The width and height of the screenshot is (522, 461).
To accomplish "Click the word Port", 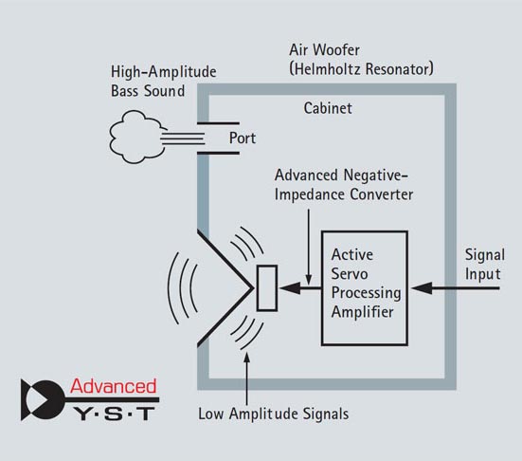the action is coord(243,138).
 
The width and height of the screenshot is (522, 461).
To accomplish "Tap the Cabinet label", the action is coord(328,108).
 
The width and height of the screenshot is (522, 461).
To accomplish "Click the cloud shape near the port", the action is coord(136,137).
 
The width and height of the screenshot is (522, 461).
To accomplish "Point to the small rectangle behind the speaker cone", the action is coord(267,288).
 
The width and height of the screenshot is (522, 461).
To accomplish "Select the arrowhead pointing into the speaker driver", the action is coord(290,288).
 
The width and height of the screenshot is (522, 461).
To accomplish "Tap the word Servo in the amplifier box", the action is coord(350,274).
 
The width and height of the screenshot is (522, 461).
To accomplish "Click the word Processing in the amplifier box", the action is coord(366,293).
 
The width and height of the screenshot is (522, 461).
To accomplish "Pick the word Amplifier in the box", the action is coord(362,312).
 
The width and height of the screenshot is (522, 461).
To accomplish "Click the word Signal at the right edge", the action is coord(485,255).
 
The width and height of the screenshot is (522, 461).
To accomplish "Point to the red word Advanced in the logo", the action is coord(113,386).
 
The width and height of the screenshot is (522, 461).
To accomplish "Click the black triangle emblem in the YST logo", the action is coord(43,400).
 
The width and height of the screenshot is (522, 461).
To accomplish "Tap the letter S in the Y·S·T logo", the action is coord(114,414).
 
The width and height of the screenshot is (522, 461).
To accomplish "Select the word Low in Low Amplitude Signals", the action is coord(210,414).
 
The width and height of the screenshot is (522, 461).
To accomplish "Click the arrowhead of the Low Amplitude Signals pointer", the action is coord(246,358).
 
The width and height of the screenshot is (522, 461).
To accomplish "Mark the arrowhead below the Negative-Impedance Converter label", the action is coord(309,279).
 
